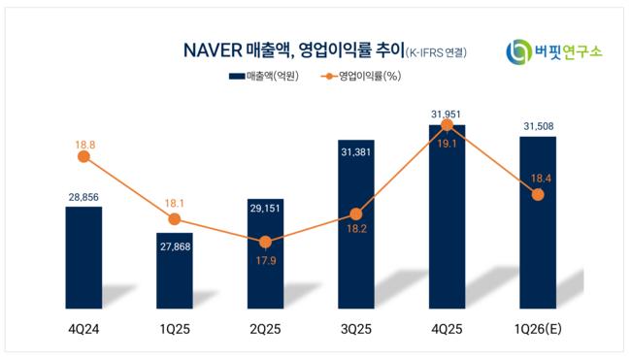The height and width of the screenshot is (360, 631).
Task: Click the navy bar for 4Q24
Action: (83, 258)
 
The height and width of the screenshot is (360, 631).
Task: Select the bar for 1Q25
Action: (175, 271)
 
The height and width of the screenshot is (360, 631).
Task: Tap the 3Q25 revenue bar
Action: (356, 224)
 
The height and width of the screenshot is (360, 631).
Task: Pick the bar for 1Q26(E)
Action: (538, 223)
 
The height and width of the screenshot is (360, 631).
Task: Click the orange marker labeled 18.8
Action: (83, 156)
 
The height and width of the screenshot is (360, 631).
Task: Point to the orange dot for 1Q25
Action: (174, 219)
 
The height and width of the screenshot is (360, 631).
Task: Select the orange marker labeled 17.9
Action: (265, 243)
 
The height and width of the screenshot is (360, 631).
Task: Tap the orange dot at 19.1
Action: (447, 125)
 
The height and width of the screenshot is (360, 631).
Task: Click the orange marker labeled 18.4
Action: (538, 195)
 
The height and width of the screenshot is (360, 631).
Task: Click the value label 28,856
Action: (83, 197)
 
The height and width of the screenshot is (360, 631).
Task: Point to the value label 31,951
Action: (446, 115)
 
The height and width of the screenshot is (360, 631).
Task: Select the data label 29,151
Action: (265, 209)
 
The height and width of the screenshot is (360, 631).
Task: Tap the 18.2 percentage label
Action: (356, 229)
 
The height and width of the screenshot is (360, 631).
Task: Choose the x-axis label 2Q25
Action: (265, 329)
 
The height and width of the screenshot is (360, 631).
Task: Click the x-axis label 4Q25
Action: (447, 329)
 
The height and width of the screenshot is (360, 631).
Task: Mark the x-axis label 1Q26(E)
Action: (538, 329)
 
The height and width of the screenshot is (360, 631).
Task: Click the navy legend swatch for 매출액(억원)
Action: (237, 76)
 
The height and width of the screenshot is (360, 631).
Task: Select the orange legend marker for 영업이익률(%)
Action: (329, 76)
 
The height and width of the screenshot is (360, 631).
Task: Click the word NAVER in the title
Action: (213, 50)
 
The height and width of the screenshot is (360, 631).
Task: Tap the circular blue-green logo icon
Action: (518, 51)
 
